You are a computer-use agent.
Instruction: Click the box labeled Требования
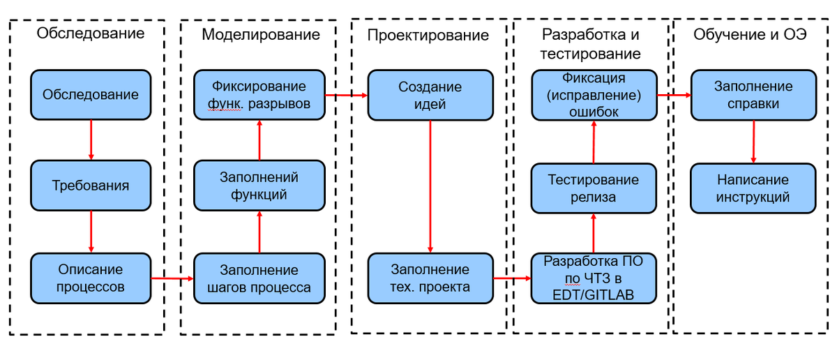91,186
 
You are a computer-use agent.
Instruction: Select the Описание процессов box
91,278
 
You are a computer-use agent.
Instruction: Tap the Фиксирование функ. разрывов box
259,95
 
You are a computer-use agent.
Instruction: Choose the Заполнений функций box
259,186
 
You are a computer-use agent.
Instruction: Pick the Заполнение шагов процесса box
259,278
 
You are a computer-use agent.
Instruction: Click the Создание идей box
430,95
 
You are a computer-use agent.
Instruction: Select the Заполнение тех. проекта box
430,278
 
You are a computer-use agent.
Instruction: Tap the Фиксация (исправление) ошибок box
593,95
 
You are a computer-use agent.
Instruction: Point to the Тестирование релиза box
593,188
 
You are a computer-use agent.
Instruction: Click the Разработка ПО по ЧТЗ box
593,278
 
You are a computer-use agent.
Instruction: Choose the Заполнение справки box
753,95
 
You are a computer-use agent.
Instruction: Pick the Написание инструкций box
753,188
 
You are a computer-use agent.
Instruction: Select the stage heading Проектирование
428,35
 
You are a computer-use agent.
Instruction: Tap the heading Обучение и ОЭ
750,35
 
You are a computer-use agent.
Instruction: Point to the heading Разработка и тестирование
591,44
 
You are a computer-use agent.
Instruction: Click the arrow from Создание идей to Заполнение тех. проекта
430,186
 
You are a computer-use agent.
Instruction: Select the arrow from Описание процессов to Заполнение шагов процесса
172,278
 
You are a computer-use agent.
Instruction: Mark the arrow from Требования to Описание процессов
91,232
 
